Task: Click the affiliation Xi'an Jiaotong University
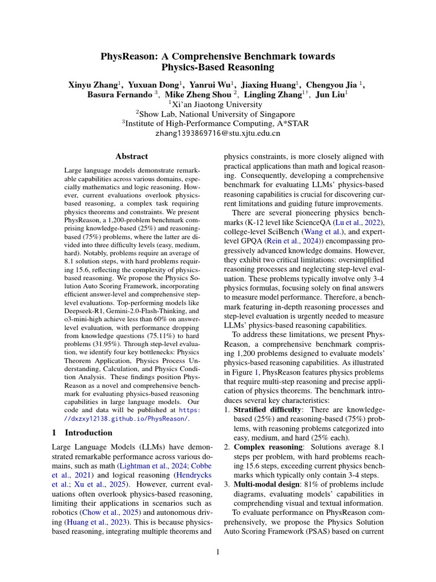(x=217, y=105)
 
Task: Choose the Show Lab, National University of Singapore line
(x=217, y=114)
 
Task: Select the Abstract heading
(x=131, y=156)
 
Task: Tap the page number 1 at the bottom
(x=217, y=551)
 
